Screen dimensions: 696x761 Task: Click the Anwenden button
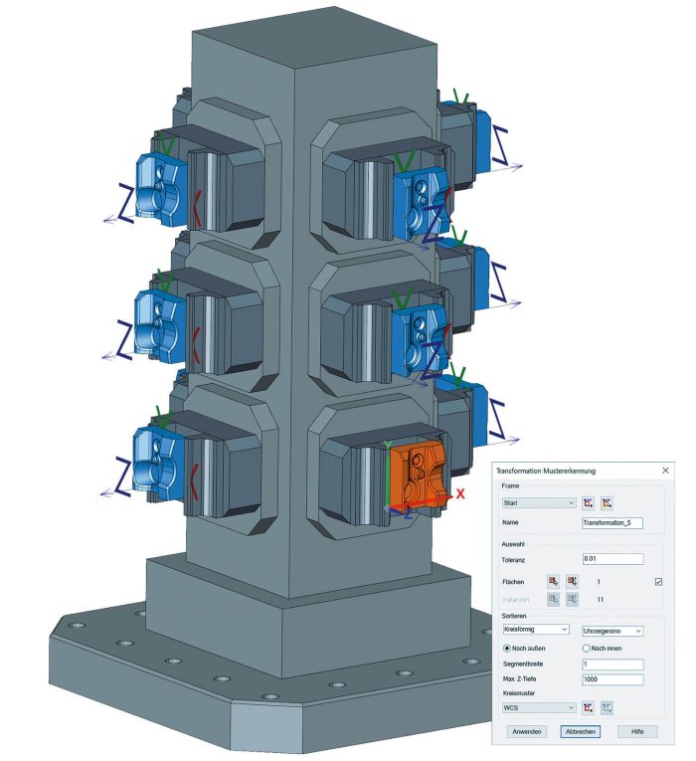pos(527,731)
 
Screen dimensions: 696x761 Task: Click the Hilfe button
pos(637,731)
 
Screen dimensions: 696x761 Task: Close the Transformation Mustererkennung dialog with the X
pos(665,471)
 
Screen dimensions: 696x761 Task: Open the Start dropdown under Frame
pos(539,503)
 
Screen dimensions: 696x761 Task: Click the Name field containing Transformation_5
pos(612,522)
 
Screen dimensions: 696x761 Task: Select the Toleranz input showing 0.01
pos(612,559)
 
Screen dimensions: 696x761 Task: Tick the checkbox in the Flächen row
pos(658,581)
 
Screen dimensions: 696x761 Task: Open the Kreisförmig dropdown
pos(536,630)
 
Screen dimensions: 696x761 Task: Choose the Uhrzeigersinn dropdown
pos(612,631)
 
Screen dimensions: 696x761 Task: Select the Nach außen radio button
pos(507,648)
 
